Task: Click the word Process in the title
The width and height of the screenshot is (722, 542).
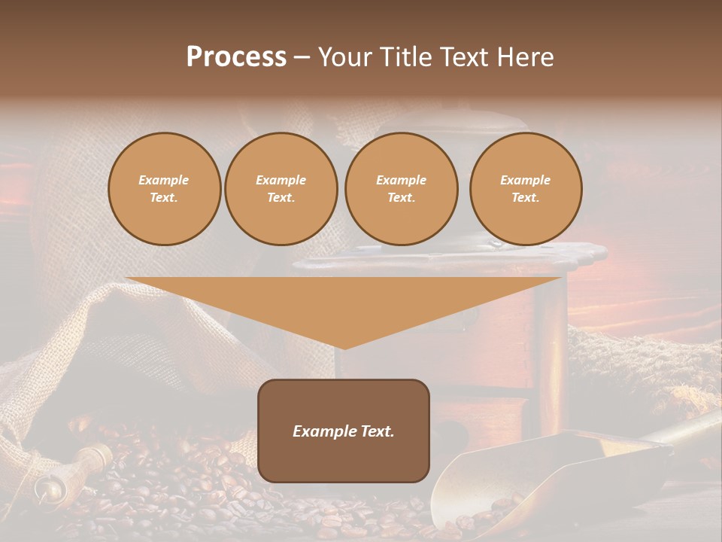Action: tap(236, 57)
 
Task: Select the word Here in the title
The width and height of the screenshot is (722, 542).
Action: tap(526, 57)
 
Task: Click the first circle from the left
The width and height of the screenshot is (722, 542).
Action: tap(165, 189)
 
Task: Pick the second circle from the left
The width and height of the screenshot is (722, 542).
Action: tap(281, 189)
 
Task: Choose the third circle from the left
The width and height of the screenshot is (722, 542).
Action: tap(401, 189)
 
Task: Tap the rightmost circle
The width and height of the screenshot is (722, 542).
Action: tap(526, 189)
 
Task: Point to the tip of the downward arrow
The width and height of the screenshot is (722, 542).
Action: tap(344, 348)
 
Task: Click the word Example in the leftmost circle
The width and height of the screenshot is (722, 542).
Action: tap(164, 180)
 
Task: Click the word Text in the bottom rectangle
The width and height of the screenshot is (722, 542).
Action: tap(377, 431)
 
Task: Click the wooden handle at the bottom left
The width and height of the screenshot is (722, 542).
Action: tap(90, 459)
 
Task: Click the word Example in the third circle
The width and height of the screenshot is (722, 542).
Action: tap(401, 180)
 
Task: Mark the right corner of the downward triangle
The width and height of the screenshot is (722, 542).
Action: tap(560, 279)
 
